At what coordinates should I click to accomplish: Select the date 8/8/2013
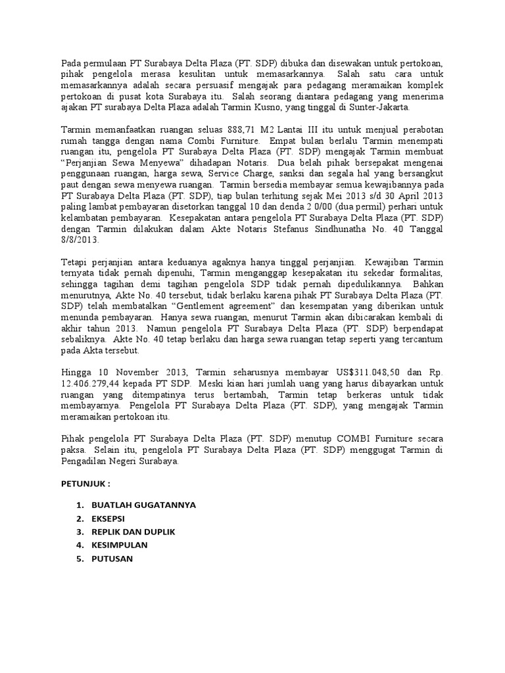click(80, 241)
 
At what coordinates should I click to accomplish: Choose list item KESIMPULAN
click(119, 545)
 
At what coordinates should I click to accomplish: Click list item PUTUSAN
click(111, 559)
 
